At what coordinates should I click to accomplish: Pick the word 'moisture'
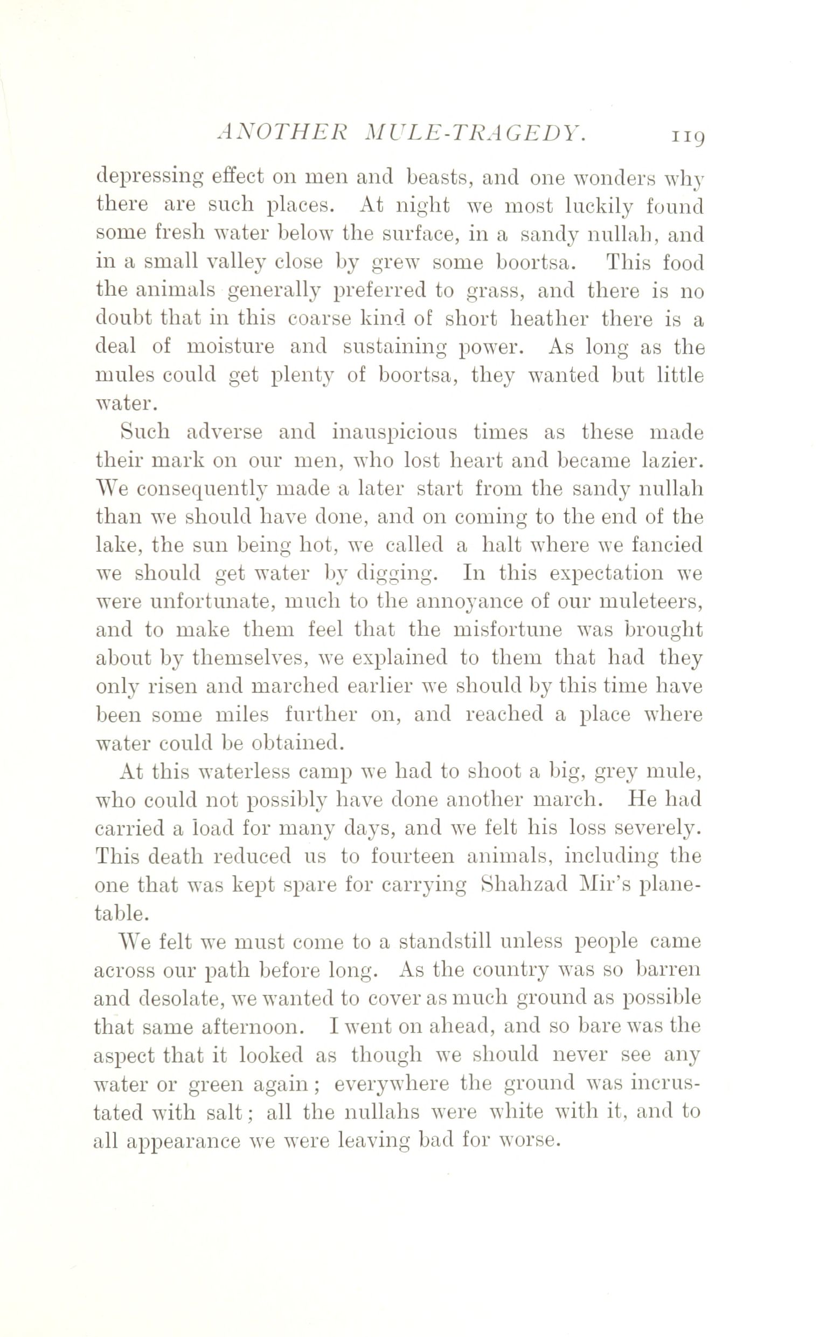click(231, 347)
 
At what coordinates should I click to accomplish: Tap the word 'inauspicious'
click(395, 432)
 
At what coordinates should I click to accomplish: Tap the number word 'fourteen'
click(412, 856)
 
